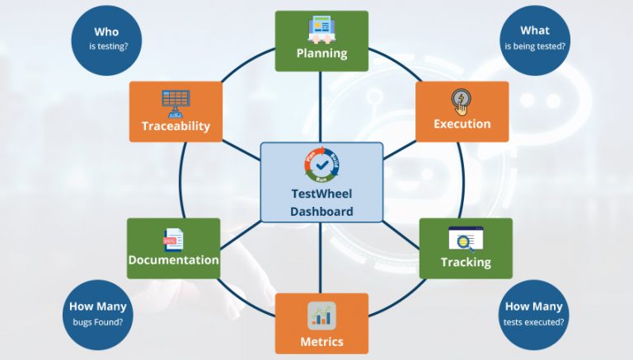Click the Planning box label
click(321, 54)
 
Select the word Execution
click(462, 124)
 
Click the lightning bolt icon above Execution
click(462, 102)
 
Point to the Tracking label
click(466, 262)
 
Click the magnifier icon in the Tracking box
click(465, 239)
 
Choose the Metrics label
click(321, 341)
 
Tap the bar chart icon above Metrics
click(321, 316)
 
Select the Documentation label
click(173, 259)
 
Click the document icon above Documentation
click(173, 239)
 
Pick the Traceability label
click(176, 126)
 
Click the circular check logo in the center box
click(321, 165)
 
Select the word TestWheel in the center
click(321, 195)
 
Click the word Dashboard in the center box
click(321, 212)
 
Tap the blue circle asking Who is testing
click(105, 39)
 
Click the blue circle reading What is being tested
click(535, 39)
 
